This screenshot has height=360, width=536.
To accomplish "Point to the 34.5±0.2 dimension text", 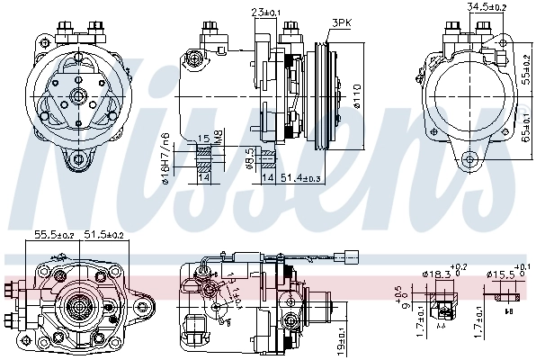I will [487, 7].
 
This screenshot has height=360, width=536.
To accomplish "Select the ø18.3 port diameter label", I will [437, 273].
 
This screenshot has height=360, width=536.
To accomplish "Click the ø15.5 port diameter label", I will [500, 273].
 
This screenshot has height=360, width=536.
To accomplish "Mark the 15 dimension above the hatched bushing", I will [205, 139].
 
